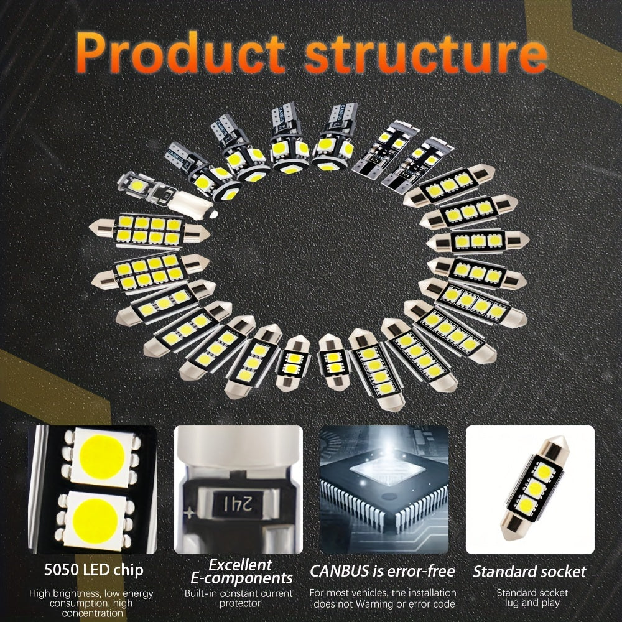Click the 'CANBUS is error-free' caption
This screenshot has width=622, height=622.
[383, 571]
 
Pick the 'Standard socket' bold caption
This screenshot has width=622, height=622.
[529, 571]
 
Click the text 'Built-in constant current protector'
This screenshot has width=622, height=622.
[239, 598]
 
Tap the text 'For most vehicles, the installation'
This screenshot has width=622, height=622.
[383, 593]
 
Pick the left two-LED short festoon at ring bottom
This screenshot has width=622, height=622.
[292, 363]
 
